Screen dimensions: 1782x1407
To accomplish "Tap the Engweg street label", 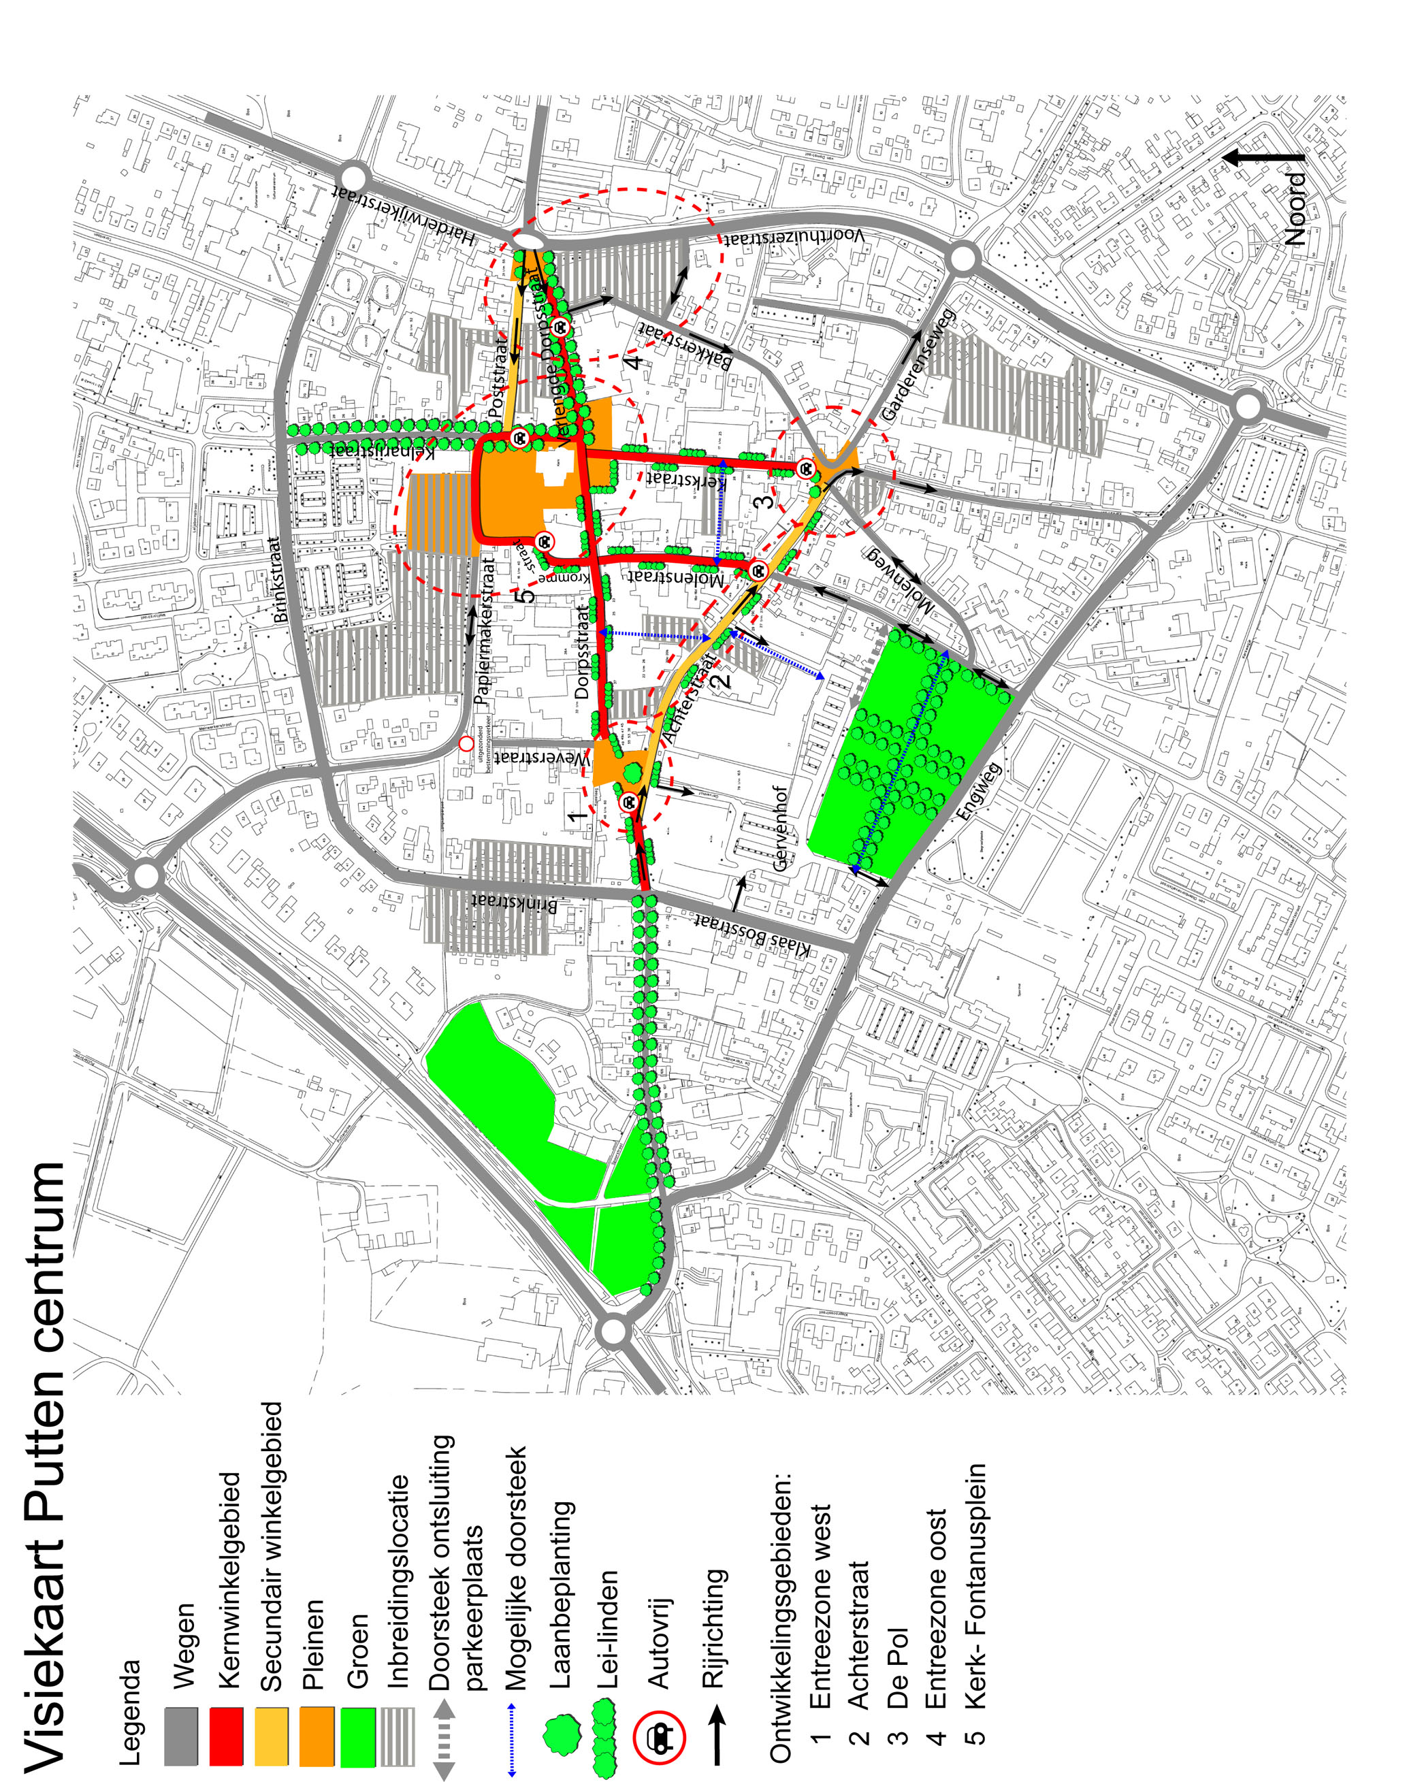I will [x=980, y=791].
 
